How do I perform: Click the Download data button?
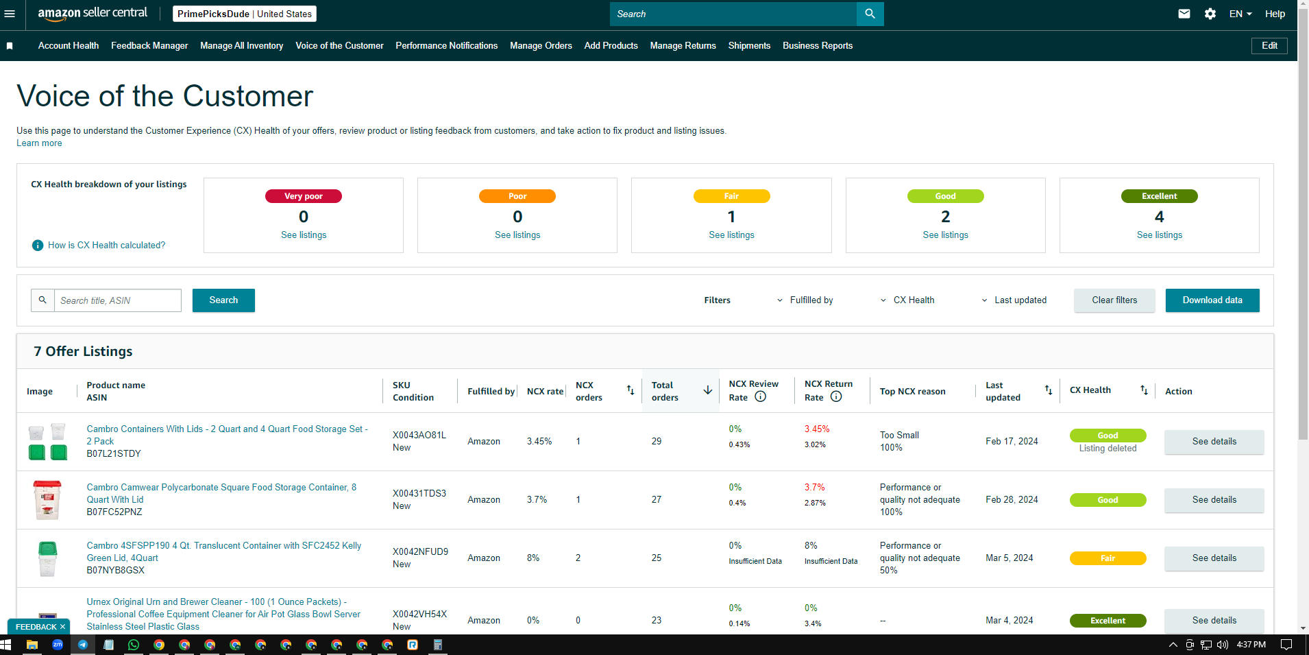[1212, 300]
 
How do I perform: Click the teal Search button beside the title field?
[223, 300]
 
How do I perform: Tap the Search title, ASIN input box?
[118, 300]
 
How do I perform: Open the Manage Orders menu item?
[541, 46]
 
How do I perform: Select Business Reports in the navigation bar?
[818, 46]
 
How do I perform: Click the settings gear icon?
[1210, 14]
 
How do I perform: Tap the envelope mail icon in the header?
[1184, 14]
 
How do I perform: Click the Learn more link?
[39, 143]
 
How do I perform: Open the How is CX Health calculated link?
[106, 246]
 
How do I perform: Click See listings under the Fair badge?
[731, 235]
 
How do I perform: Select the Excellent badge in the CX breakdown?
[1159, 196]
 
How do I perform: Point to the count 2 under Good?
[945, 217]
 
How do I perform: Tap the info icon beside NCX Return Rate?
[836, 396]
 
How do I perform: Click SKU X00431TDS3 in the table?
[419, 493]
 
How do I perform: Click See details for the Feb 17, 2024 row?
[1214, 442]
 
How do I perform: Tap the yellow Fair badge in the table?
[1108, 558]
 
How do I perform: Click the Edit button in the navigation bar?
[1269, 46]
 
